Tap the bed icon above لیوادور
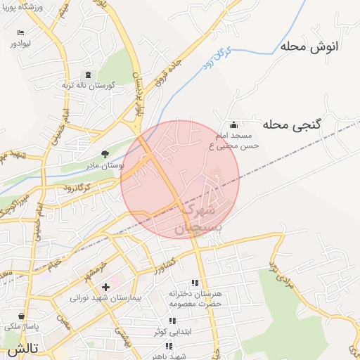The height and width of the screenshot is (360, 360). coord(20,33)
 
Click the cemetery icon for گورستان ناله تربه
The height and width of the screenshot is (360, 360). coord(87,75)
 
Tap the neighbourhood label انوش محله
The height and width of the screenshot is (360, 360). coord(309,47)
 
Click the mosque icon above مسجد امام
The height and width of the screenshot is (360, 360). coord(233,124)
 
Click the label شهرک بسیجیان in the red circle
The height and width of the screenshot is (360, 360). coord(200,218)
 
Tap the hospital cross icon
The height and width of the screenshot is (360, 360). coord(105,286)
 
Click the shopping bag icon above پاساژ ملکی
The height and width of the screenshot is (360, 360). coord(23,316)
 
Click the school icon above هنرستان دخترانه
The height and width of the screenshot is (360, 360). coord(195,283)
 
